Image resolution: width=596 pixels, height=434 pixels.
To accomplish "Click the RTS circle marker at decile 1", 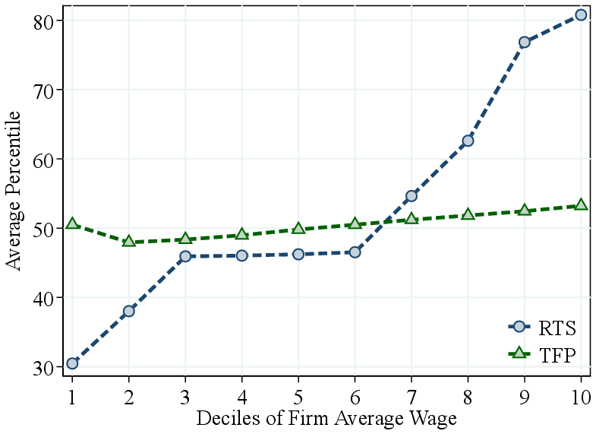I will (72, 363).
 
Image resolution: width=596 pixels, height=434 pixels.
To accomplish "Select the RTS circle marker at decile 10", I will (581, 15).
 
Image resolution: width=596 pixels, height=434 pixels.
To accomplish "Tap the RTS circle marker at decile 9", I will (524, 42).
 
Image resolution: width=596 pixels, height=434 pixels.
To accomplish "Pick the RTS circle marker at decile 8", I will (468, 141).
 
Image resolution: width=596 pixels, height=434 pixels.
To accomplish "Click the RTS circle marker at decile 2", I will (129, 311).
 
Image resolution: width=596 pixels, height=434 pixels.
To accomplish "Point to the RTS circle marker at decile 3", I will (185, 256).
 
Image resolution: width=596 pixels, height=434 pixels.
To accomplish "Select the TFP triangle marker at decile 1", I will (72, 223).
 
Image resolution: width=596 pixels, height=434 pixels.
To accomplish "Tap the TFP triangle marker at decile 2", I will (129, 241).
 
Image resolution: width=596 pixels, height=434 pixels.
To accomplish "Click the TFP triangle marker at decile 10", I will (581, 204).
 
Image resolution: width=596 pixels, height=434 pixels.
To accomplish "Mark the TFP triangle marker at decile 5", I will (298, 228).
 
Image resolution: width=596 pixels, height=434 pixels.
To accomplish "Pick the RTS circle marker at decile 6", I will (355, 252).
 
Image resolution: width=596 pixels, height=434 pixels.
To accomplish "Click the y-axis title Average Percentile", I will (14, 190).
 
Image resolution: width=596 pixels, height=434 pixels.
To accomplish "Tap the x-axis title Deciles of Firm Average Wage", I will (326, 419).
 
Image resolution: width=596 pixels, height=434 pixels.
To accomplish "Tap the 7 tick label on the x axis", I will (411, 396).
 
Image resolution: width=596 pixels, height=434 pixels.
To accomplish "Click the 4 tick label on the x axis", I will (241, 396).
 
